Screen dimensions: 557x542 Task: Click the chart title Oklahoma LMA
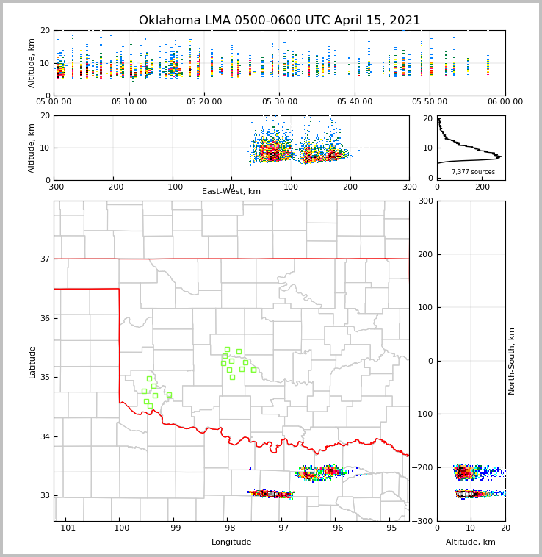coord(279,21)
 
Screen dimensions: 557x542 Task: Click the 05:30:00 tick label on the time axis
coord(279,102)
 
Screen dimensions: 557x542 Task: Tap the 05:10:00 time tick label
coord(129,102)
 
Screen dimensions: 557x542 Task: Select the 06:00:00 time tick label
coord(505,102)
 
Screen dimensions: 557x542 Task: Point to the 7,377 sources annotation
coord(473,172)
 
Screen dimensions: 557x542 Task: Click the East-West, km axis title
coord(231,192)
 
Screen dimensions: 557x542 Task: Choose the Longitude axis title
coord(231,542)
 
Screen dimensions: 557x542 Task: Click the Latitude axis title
coord(32,362)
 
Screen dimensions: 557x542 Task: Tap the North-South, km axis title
coord(512,361)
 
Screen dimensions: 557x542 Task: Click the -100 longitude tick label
coord(118,528)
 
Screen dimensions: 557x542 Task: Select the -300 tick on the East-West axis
coord(54,187)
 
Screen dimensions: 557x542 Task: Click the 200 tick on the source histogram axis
coord(483,187)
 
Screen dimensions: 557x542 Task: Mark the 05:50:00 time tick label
coord(430,102)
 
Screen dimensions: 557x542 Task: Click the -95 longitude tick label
coord(388,528)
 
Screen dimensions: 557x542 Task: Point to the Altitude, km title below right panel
coord(471,542)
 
